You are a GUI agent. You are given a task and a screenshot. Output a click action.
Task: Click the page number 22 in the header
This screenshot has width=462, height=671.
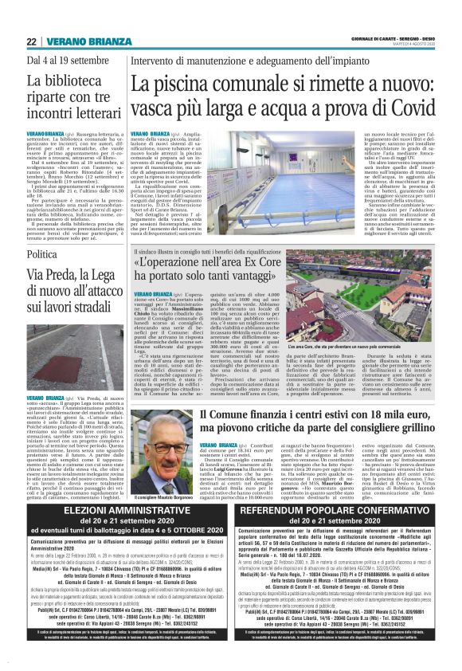[x=32, y=41]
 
